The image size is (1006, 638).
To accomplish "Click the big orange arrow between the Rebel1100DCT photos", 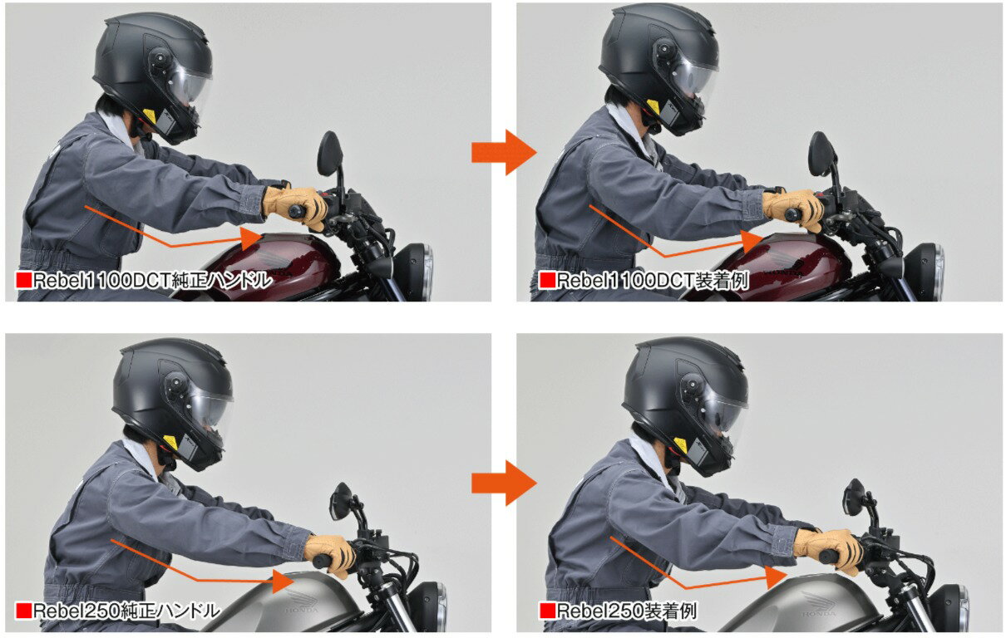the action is point(504,153).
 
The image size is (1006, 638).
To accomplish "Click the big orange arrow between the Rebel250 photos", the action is point(504,483).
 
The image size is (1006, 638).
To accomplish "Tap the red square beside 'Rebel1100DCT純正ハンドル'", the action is point(23,281).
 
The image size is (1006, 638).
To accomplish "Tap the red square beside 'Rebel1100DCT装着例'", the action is point(546,281).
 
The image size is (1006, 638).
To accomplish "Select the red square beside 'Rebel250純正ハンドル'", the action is point(23,611).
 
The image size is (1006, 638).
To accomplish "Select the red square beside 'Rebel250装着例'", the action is point(546,611).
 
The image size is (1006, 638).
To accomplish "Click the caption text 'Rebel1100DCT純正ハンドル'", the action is point(153,281).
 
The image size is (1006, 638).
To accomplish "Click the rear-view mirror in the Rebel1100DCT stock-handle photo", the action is point(330,154).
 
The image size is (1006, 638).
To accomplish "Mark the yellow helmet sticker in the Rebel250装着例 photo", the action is point(679,446).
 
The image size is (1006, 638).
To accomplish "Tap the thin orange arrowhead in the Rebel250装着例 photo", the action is point(776,577).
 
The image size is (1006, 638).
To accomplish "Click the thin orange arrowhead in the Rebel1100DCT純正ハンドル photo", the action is point(251,238).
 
